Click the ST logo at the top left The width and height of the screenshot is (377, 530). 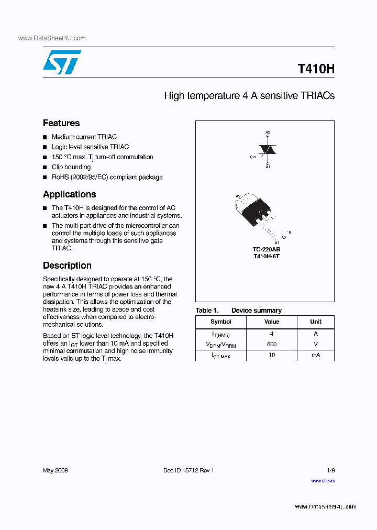tap(62, 62)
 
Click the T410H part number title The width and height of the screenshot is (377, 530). tap(316, 69)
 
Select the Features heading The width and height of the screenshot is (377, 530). tap(61, 123)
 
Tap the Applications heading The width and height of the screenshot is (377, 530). tap(69, 194)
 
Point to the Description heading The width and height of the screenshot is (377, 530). tap(67, 266)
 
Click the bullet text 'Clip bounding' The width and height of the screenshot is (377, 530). tap(71, 167)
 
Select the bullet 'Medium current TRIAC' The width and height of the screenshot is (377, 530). tap(84, 137)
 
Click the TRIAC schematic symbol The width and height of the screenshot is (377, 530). tap(268, 150)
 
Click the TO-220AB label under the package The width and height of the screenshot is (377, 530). tap(267, 250)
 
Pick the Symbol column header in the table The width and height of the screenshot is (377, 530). tap(220, 322)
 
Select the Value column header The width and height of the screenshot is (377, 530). tap(272, 322)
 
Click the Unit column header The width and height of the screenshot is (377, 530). tap(316, 322)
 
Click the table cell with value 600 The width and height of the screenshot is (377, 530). tap(272, 345)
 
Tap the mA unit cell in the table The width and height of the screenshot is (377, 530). tap(316, 355)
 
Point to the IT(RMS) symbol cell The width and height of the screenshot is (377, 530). tap(220, 334)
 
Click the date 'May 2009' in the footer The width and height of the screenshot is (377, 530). tap(55, 470)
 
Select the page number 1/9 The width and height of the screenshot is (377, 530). tap(330, 470)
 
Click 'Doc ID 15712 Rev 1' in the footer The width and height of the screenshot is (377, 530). tap(188, 470)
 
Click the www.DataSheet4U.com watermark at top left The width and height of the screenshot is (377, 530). tap(51, 38)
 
